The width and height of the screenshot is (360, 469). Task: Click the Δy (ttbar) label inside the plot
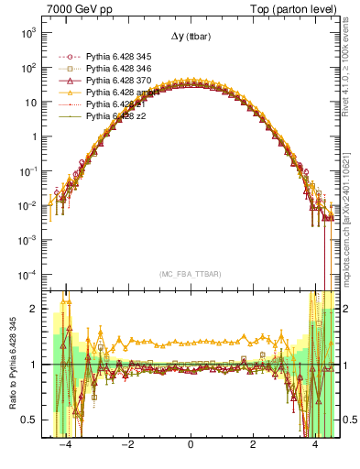pos(189,37)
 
